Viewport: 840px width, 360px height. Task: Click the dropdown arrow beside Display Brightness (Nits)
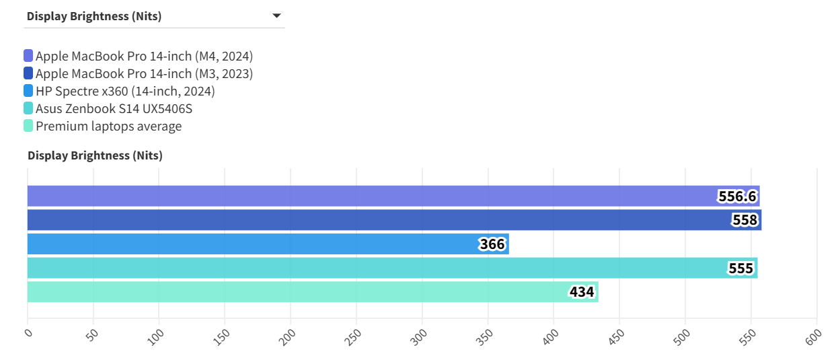tap(276, 16)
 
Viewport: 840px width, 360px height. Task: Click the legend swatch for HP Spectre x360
tap(28, 91)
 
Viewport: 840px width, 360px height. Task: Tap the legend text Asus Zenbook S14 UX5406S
tap(114, 108)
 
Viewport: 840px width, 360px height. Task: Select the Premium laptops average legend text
tap(108, 126)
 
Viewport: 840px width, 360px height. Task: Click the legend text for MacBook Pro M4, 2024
tap(144, 56)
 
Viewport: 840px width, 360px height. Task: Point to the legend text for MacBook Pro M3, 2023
tap(144, 73)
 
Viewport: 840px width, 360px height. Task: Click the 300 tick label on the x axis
tap(420, 336)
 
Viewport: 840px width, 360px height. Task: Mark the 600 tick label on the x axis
tap(814, 336)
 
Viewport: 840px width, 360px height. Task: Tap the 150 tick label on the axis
tap(223, 336)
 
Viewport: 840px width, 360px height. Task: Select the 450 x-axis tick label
tap(617, 336)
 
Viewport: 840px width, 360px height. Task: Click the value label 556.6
tap(737, 196)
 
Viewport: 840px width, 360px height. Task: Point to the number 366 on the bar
tap(492, 244)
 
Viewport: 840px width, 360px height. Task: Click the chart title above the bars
tap(95, 155)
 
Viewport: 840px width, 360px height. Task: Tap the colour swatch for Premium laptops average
tap(28, 126)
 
